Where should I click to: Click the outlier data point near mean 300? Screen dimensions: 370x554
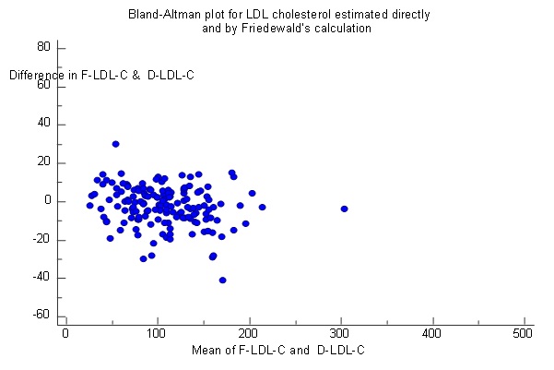344,209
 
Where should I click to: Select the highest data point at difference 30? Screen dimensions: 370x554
115,144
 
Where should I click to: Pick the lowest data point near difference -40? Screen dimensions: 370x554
222,280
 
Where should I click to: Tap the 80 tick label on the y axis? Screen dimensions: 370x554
43,46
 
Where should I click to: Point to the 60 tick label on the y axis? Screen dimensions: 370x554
43,85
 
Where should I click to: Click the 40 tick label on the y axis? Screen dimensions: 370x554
43,124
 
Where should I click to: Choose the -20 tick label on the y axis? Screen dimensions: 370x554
41,240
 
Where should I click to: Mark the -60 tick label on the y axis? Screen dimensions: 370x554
41,316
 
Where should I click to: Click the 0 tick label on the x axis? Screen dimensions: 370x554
65,333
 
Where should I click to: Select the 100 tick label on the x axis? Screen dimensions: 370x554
157,333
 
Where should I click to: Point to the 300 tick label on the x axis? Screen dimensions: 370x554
340,333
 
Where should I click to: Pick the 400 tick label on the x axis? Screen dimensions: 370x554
431,333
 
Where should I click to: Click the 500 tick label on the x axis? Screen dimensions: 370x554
523,333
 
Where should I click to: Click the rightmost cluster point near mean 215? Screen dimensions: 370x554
262,207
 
